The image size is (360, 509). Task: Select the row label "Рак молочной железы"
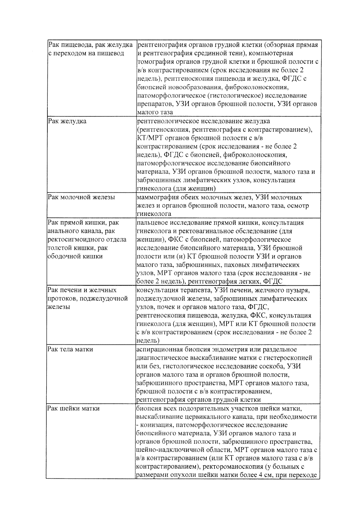(81, 197)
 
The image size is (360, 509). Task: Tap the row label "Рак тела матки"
(70, 349)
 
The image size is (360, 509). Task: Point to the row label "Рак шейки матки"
(73, 408)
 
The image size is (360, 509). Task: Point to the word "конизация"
(156, 425)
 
